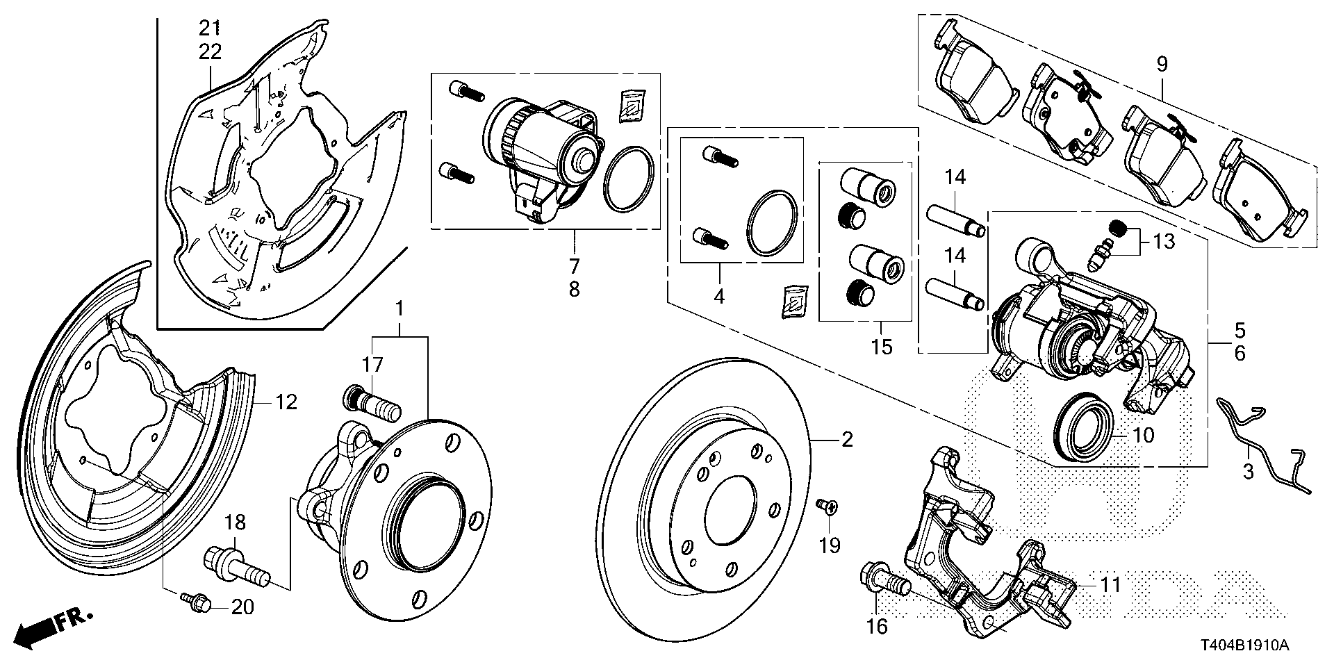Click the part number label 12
286,402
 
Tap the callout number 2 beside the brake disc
846,439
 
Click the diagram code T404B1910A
1246,646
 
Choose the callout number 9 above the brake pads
1162,65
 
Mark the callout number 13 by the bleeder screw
1163,241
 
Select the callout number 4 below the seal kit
718,297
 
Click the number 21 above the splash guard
210,28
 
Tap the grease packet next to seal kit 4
794,302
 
